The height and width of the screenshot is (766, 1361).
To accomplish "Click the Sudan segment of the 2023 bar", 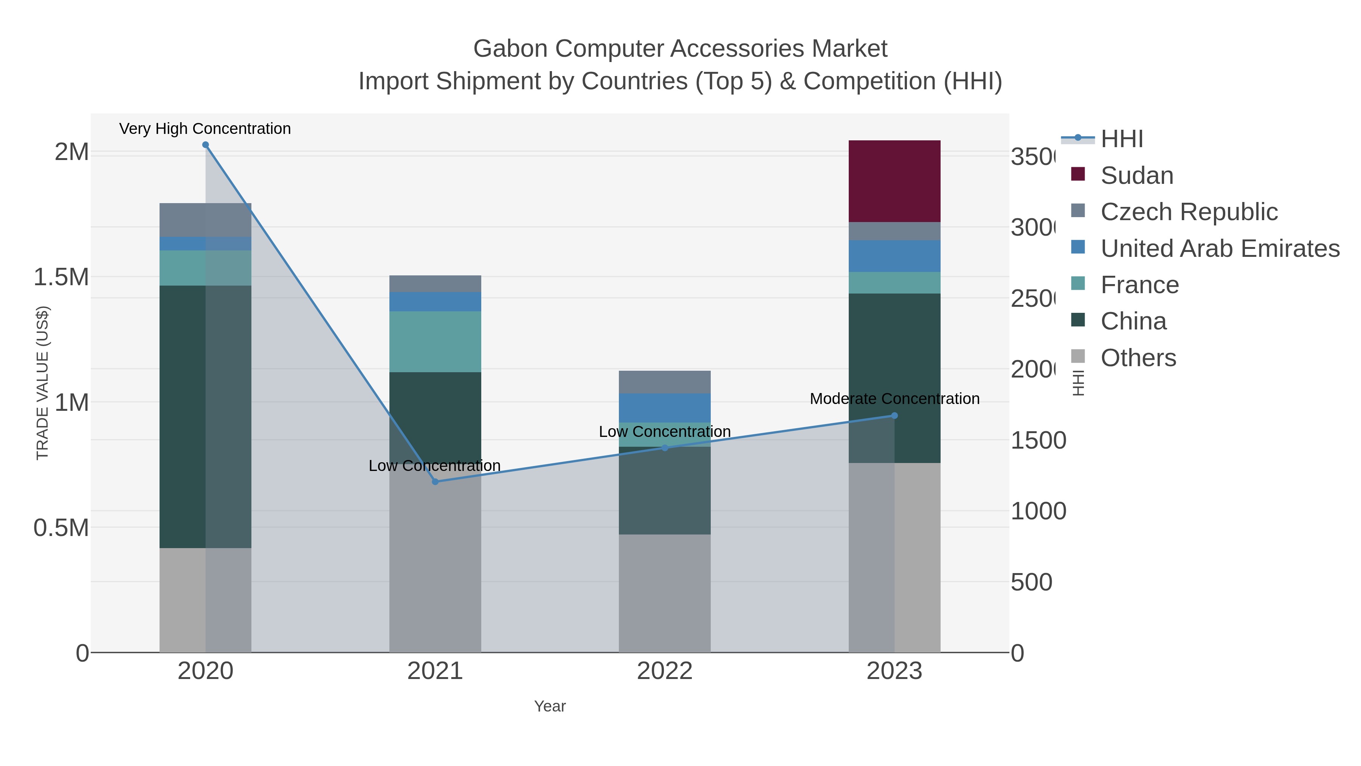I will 894,181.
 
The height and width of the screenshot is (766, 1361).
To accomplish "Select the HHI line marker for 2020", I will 206,145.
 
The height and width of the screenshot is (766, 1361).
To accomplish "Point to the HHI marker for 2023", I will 894,415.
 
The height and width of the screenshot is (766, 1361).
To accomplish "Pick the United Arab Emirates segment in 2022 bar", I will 664,407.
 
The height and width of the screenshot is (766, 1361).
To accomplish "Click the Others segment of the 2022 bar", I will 664,593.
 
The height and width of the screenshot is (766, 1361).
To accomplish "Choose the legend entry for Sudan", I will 1136,176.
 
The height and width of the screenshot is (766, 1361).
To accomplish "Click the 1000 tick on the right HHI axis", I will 1038,511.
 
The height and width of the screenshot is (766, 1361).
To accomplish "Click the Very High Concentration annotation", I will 205,129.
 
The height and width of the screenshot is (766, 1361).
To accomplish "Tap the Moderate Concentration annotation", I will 894,399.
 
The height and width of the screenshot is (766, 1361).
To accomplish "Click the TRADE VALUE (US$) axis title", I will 42,383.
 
